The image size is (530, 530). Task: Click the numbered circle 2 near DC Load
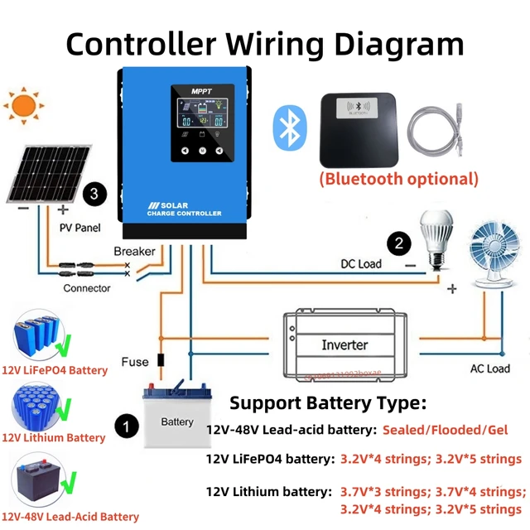click(398, 243)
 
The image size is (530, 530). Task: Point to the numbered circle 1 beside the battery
click(125, 426)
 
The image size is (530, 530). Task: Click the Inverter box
click(345, 343)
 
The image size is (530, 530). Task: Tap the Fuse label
click(134, 361)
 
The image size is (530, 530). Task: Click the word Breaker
click(134, 251)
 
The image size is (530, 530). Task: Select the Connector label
click(87, 288)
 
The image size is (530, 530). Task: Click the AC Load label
click(490, 369)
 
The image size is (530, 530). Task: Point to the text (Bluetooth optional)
click(399, 178)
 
